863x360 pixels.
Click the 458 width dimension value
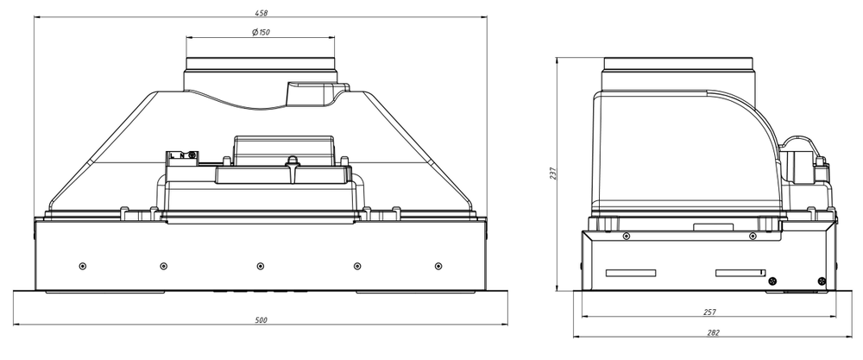click(x=261, y=13)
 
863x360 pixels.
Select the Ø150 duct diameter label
click(x=261, y=33)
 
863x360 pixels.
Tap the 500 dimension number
click(x=261, y=320)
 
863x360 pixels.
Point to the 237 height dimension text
click(x=553, y=174)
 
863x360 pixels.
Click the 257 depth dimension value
click(x=710, y=313)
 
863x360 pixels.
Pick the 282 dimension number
click(x=714, y=332)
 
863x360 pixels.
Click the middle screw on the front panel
click(x=261, y=267)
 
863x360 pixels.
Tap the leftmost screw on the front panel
click(x=83, y=267)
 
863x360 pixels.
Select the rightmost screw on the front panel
click(x=438, y=267)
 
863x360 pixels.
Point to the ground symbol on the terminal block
click(x=192, y=155)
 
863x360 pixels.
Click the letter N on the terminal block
click(x=181, y=155)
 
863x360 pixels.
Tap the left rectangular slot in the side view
click(x=631, y=273)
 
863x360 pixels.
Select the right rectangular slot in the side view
click(x=740, y=273)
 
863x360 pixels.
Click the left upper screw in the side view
click(x=627, y=237)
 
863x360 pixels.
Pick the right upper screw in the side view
click(x=753, y=237)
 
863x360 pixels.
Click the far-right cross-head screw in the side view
click(x=822, y=281)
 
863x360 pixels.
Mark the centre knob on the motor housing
click(x=293, y=161)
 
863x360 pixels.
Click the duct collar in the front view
click(x=261, y=64)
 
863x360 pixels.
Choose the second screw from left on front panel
click(x=163, y=267)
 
